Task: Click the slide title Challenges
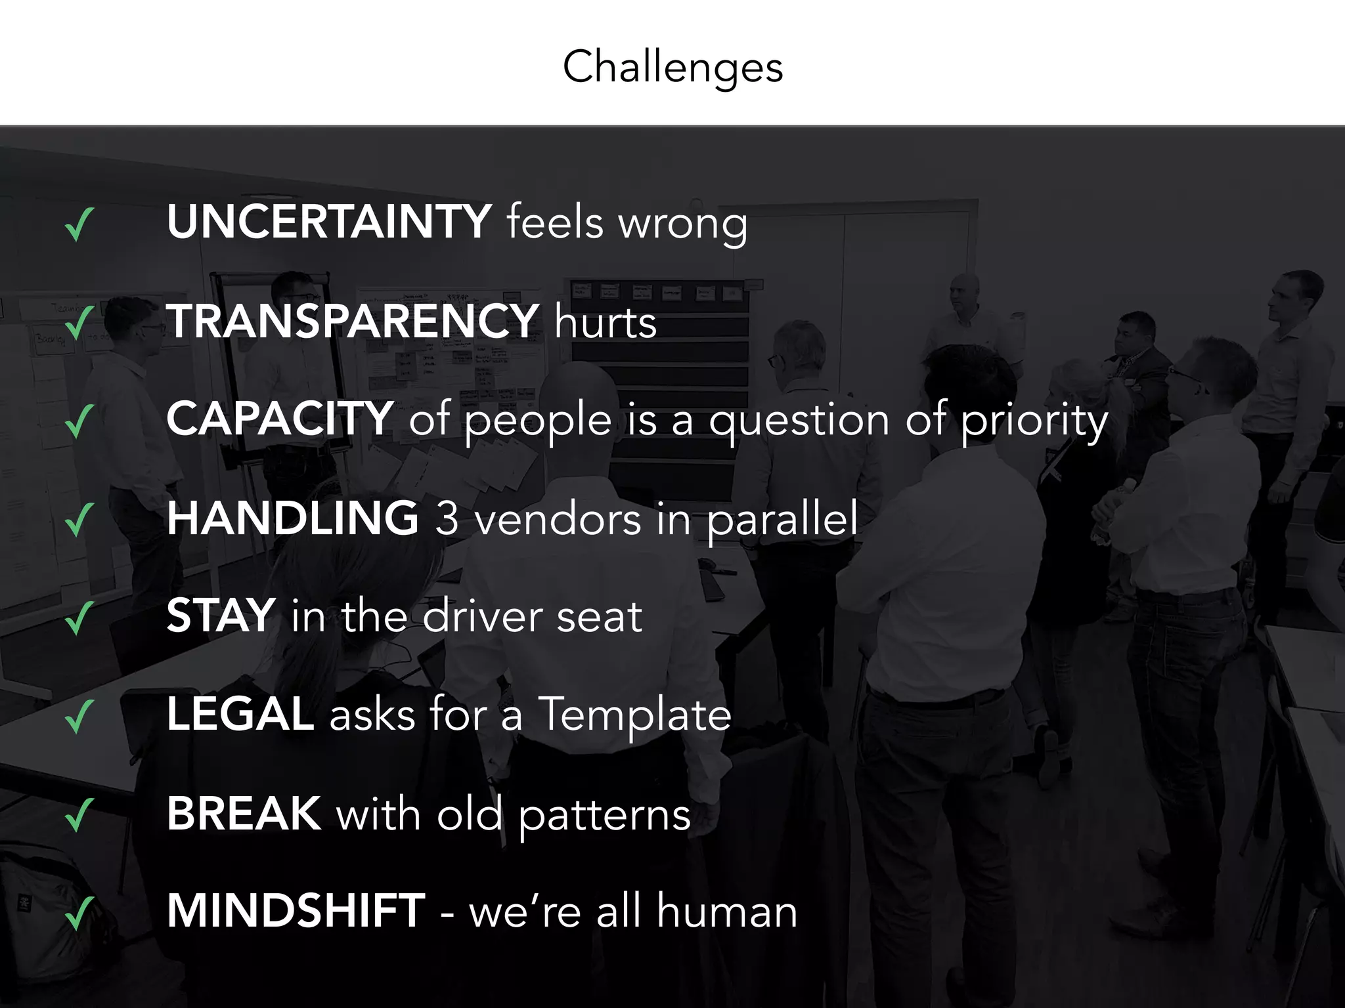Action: [672, 68]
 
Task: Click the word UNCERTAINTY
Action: [329, 222]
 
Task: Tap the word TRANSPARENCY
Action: [353, 321]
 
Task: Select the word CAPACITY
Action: [280, 418]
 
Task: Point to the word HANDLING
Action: [292, 518]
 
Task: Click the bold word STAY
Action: [221, 616]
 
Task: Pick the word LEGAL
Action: [240, 714]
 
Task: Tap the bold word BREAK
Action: [244, 813]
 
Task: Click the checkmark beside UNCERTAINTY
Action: [79, 224]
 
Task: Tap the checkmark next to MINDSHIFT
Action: [79, 913]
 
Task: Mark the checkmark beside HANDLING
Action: [79, 520]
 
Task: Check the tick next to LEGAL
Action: [79, 717]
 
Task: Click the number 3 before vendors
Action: [447, 518]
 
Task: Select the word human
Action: [727, 912]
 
